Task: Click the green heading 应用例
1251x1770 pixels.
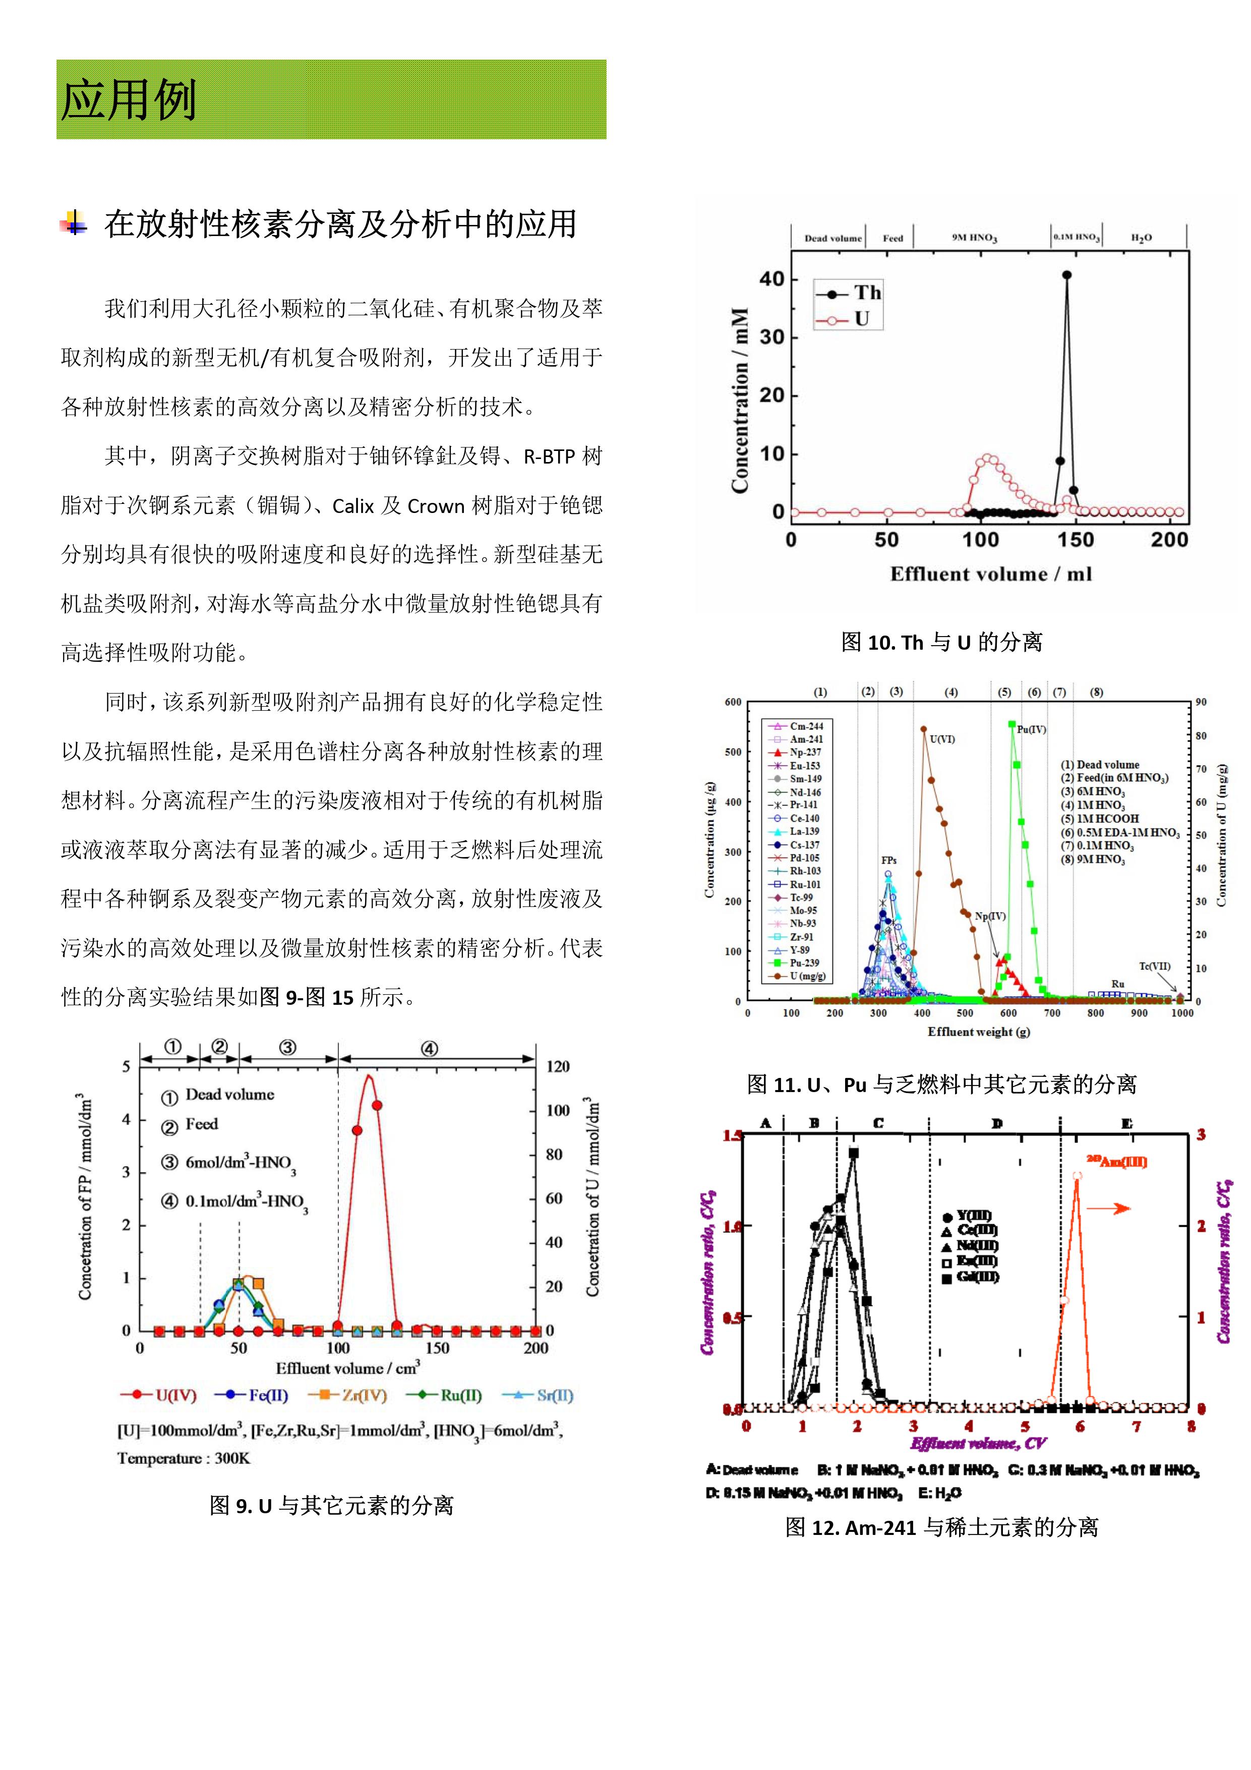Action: point(128,100)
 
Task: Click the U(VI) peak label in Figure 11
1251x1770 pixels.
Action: point(942,739)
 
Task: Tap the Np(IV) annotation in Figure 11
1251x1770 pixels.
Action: point(990,917)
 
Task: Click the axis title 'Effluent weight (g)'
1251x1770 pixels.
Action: point(978,1032)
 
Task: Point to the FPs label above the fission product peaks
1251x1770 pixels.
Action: point(889,861)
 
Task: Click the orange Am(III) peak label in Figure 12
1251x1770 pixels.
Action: point(1116,1162)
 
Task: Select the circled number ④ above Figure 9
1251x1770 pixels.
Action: point(429,1048)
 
